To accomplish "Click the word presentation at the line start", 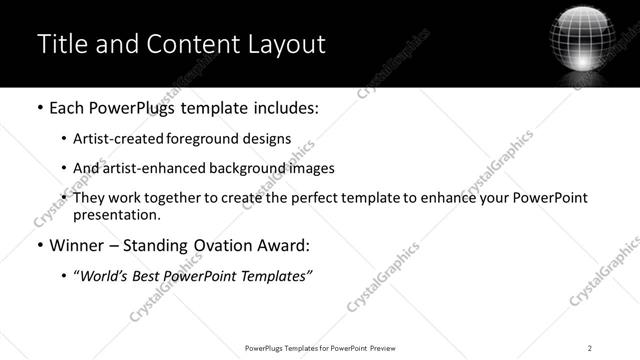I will (x=115, y=214).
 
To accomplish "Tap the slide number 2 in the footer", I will (x=590, y=347).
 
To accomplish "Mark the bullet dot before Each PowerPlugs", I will (x=39, y=108).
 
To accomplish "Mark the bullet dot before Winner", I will (x=39, y=245).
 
